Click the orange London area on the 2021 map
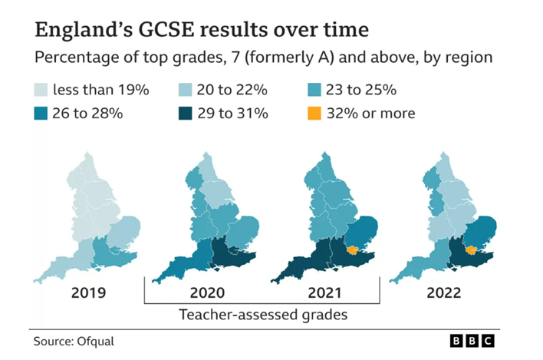pos(353,249)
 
